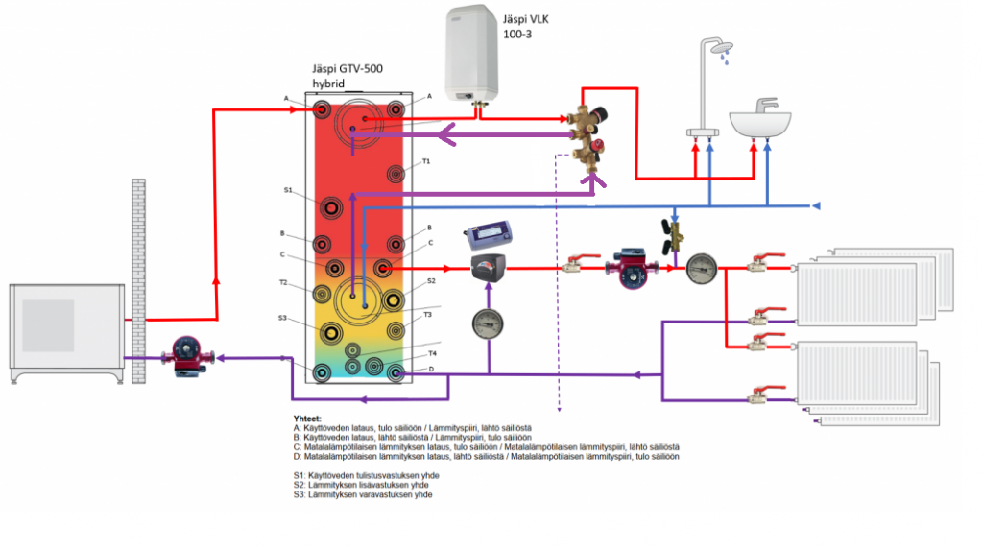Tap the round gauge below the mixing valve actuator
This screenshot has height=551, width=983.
click(488, 324)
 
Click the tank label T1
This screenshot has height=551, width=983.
click(426, 161)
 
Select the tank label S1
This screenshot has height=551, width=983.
click(288, 190)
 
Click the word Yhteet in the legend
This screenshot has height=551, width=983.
click(307, 419)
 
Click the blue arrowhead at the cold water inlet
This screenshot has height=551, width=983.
click(816, 206)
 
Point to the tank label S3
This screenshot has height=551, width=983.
click(283, 318)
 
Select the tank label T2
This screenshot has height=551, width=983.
click(284, 283)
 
